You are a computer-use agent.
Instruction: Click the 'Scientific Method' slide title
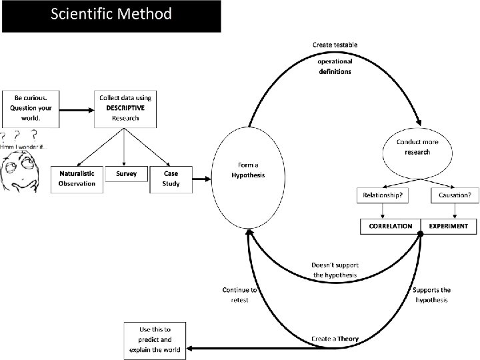pos(111,14)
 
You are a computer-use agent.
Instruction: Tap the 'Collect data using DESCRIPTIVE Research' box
pos(125,108)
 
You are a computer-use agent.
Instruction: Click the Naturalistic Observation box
pos(77,179)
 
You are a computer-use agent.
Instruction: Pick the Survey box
pos(126,175)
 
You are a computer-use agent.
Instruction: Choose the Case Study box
pos(171,179)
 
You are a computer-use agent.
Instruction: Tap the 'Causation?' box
pos(455,195)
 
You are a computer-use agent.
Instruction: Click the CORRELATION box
pos(391,227)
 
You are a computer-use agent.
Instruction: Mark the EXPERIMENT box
pos(449,227)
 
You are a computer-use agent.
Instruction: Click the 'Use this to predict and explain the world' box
pos(155,341)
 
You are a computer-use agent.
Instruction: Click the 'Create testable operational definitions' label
pos(335,59)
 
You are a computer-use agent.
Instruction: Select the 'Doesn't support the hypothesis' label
pos(335,270)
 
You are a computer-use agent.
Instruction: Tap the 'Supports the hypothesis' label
pos(431,295)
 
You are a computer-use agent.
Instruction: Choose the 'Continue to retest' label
pos(239,295)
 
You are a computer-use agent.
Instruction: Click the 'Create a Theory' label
pos(335,339)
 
